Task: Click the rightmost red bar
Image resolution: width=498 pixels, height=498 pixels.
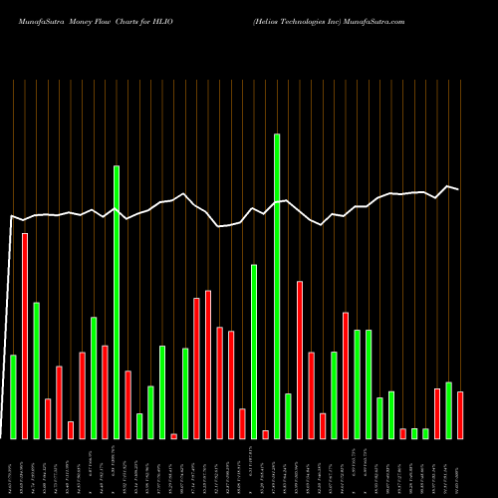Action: click(460, 415)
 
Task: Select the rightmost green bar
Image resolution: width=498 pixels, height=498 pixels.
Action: click(448, 410)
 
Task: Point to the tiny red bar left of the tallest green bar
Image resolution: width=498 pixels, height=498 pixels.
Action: click(266, 434)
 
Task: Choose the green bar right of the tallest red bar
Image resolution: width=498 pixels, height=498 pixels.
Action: click(36, 371)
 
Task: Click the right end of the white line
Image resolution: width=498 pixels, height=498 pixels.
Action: click(459, 189)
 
